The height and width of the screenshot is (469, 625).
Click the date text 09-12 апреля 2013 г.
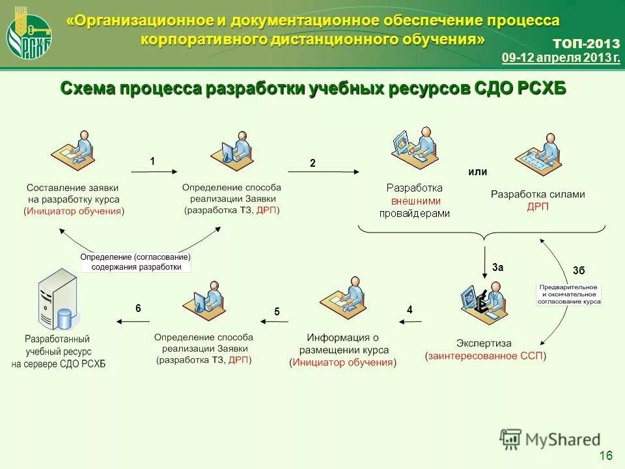click(561, 58)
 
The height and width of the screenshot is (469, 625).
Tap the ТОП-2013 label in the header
click(586, 44)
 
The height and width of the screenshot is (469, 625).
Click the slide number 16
click(605, 455)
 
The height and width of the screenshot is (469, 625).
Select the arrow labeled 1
click(154, 171)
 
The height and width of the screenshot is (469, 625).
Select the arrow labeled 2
click(333, 172)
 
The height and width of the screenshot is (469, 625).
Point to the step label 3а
click(498, 267)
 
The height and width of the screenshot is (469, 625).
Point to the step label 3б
click(579, 270)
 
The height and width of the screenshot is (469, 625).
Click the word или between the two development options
click(478, 172)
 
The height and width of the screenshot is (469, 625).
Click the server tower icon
click(57, 300)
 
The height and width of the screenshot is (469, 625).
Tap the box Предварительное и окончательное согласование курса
click(568, 294)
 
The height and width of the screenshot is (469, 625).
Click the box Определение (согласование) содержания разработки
click(135, 262)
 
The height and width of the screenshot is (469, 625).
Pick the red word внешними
click(415, 201)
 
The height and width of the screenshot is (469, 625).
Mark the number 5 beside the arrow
click(277, 312)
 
